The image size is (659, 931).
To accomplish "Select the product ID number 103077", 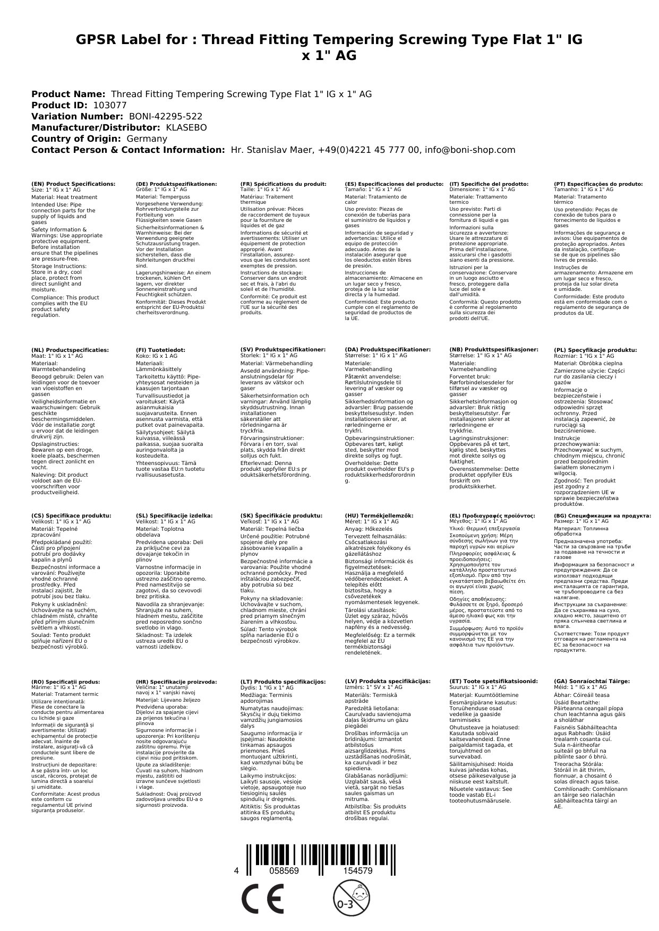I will click(x=110, y=105).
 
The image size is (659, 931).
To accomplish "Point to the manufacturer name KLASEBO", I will click(x=186, y=127).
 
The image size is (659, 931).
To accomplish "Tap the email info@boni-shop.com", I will click(x=470, y=150).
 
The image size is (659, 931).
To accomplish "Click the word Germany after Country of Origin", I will click(x=147, y=139).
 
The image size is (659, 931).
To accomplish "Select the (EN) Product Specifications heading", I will click(x=73, y=184).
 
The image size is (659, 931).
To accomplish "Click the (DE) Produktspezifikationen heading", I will click(x=176, y=184).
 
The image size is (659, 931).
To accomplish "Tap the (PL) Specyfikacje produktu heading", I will click(x=595, y=350).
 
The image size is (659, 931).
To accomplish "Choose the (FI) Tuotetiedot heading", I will click(x=160, y=350).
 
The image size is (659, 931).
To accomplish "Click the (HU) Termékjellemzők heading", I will click(x=379, y=515).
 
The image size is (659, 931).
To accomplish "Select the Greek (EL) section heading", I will click(x=492, y=515).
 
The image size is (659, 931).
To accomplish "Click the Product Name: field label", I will click(x=69, y=94).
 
